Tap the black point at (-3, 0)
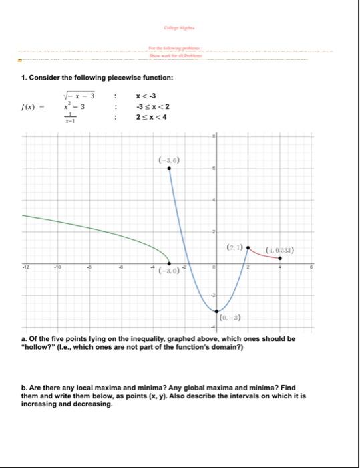[x=168, y=263]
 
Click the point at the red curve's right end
[x=280, y=258]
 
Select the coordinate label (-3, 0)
[x=168, y=271]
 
